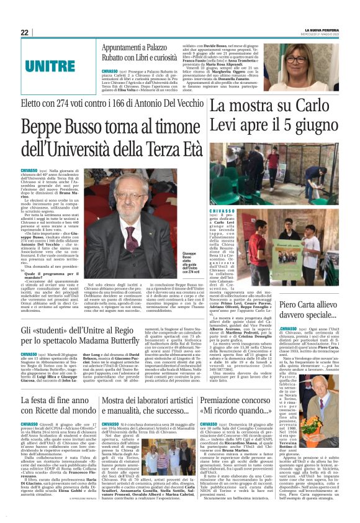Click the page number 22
pyautogui.click(x=24, y=32)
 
